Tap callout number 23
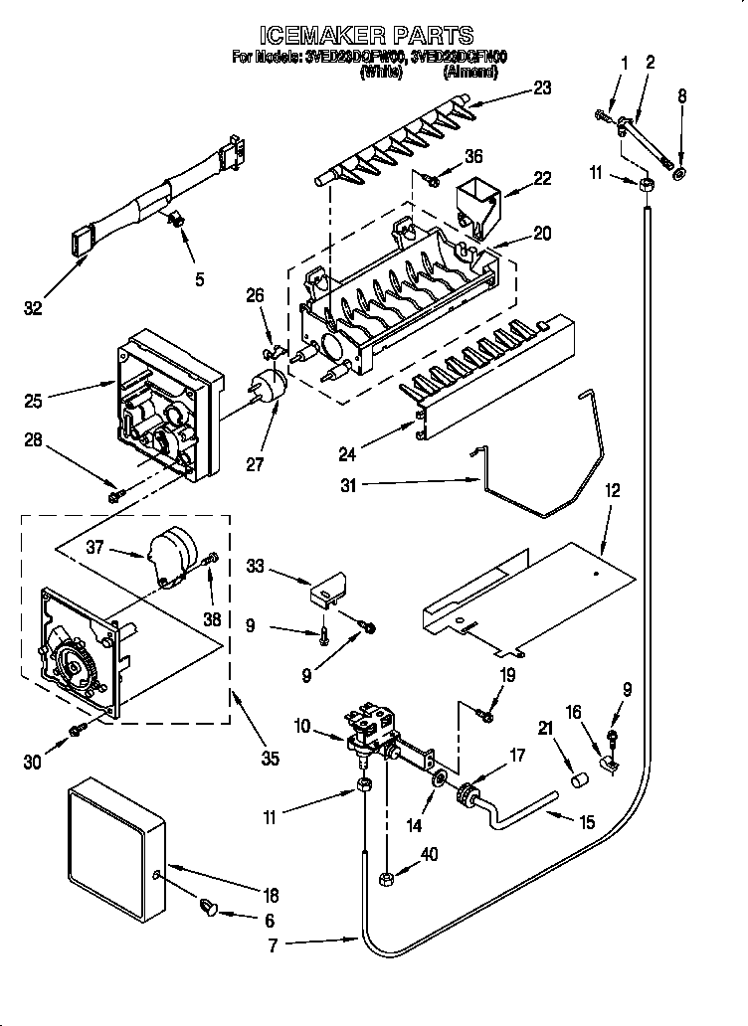tap(541, 86)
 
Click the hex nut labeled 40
tap(388, 876)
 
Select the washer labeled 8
tap(679, 174)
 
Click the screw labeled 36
tap(431, 179)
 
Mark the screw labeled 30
tap(76, 733)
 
